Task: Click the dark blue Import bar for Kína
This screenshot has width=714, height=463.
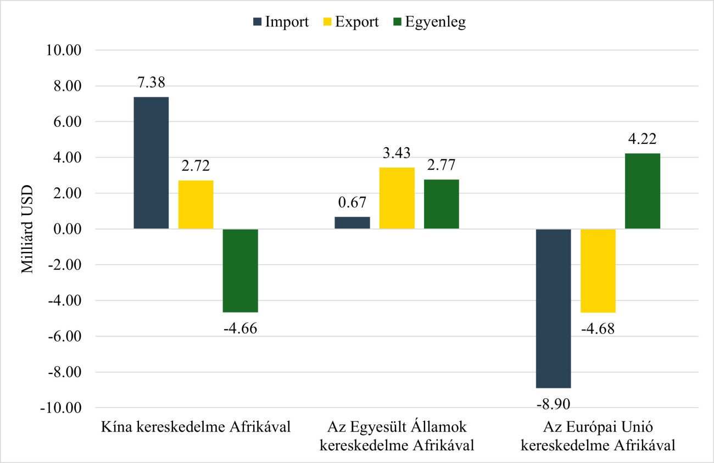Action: point(151,163)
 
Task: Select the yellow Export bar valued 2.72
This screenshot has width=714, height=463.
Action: point(196,204)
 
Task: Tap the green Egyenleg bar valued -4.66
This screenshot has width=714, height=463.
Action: point(240,270)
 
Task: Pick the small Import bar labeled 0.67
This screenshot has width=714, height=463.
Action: point(352,223)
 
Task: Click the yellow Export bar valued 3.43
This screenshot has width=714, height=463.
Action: point(397,198)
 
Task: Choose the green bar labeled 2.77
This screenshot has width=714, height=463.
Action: point(441,204)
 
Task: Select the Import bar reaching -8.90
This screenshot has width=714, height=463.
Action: point(553,308)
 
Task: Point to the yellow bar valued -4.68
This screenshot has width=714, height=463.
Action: point(598,271)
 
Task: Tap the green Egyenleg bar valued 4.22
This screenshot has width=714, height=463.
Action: point(642,191)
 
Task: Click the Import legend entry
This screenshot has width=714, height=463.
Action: point(280,22)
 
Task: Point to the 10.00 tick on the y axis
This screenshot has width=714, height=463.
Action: point(65,51)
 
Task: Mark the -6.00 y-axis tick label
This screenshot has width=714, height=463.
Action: point(65,337)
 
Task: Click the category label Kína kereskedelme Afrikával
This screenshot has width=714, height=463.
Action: point(196,427)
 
